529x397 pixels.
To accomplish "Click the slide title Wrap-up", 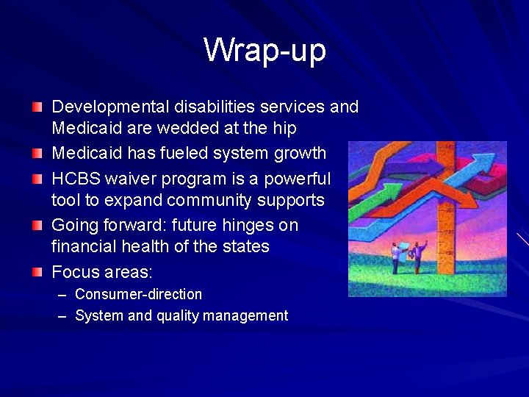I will point(264,50).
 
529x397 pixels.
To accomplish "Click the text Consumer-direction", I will point(138,294).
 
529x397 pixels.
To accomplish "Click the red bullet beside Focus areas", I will point(37,272).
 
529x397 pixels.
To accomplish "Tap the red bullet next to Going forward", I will point(37,225).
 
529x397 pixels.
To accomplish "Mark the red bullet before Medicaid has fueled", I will point(37,154).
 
